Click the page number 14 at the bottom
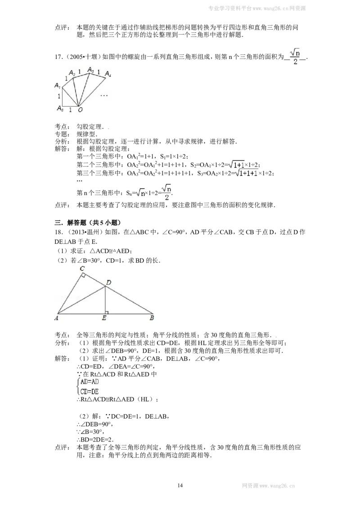click(180, 485)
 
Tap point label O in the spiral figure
click(80, 110)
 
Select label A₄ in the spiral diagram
click(108, 74)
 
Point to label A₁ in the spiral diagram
click(57, 85)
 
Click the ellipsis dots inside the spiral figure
click(104, 96)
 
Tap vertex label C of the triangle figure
click(82, 268)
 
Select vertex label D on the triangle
click(108, 282)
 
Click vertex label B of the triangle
click(152, 318)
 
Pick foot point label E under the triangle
click(104, 318)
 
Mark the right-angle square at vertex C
click(83, 276)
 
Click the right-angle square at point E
click(107, 313)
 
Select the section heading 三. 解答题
click(88, 223)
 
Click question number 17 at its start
click(59, 57)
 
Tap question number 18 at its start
click(59, 232)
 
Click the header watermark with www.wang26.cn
click(256, 9)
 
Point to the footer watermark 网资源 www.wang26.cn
click(268, 486)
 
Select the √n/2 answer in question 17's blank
click(295, 57)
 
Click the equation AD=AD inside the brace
click(90, 382)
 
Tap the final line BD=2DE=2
click(95, 440)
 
